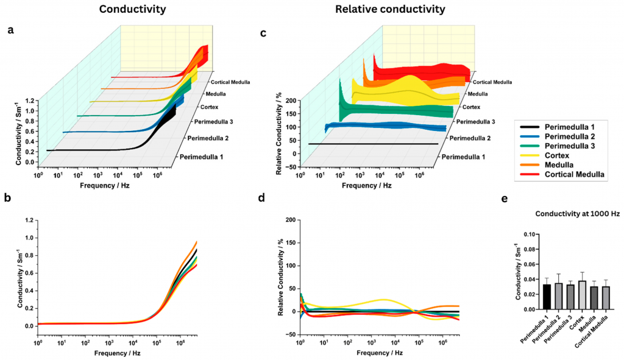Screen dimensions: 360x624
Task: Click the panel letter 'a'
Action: pyautogui.click(x=10, y=32)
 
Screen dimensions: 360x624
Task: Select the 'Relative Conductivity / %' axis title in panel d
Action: pyautogui.click(x=280, y=277)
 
